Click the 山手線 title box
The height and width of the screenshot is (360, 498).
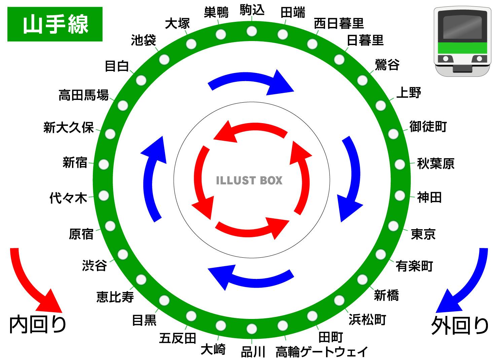pyautogui.click(x=55, y=24)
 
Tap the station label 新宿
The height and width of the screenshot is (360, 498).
pyautogui.click(x=75, y=163)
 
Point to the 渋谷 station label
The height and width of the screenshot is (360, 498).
pyautogui.click(x=95, y=266)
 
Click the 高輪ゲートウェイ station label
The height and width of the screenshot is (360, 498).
pyautogui.click(x=322, y=352)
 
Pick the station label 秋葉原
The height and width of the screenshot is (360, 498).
pyautogui.click(x=436, y=164)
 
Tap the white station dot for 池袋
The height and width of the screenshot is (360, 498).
pyautogui.click(x=164, y=59)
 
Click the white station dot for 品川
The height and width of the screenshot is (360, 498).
pyautogui.click(x=252, y=329)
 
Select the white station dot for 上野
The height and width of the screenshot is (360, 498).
pyautogui.click(x=381, y=105)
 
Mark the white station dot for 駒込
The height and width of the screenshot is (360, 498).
pyautogui.click(x=252, y=31)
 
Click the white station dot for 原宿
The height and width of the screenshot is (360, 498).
pyautogui.click(x=110, y=226)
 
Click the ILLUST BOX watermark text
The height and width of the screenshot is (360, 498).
pyautogui.click(x=249, y=180)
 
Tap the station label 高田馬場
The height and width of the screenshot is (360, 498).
pyautogui.click(x=83, y=95)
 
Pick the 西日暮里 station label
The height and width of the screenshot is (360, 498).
pyautogui.click(x=339, y=24)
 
